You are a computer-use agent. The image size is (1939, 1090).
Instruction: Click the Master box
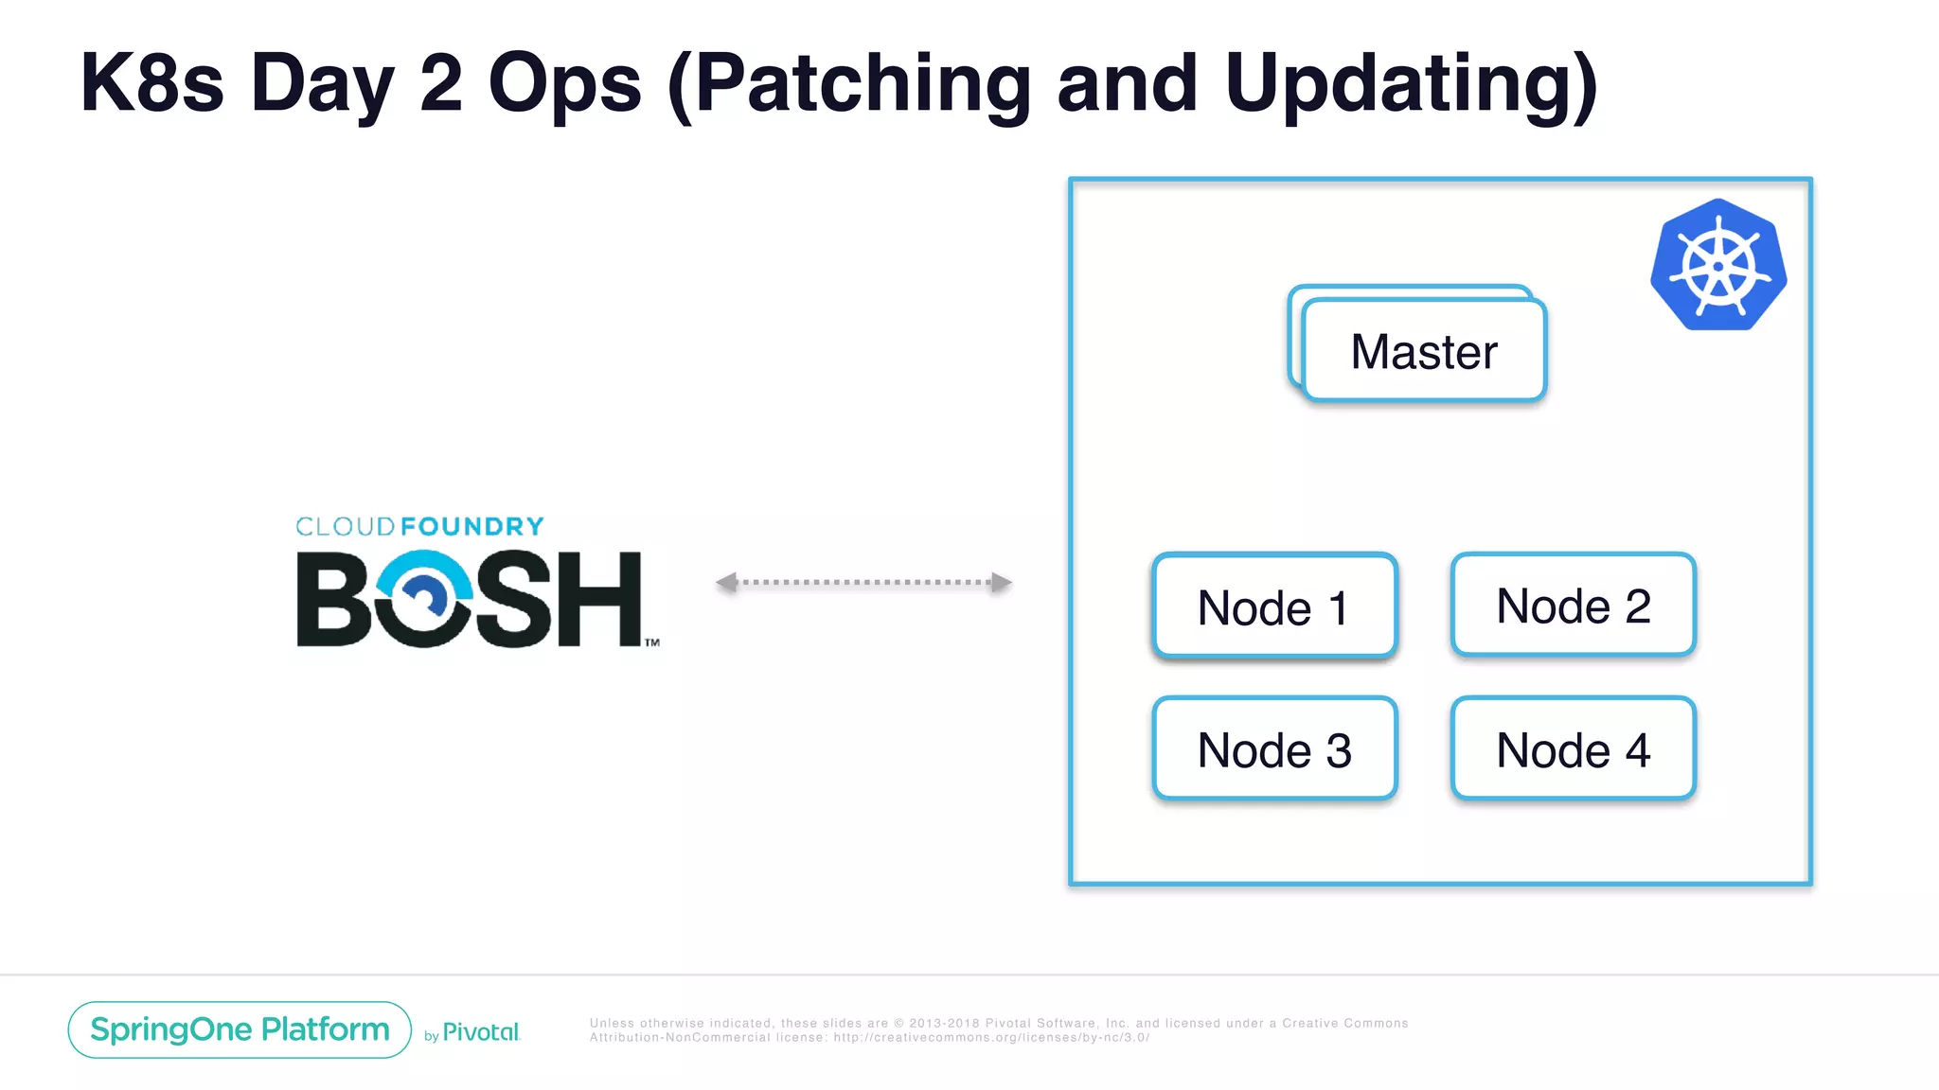tap(1424, 351)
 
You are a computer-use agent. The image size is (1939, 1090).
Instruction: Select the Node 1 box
tap(1274, 607)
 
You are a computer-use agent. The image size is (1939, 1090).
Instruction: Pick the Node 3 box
tap(1274, 749)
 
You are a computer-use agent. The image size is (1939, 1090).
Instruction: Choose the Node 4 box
tap(1573, 749)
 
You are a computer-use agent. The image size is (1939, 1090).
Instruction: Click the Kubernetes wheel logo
tap(1718, 266)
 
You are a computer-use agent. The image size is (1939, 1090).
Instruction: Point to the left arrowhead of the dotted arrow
tap(727, 582)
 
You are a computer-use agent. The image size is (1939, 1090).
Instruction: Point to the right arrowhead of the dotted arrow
tap(1002, 582)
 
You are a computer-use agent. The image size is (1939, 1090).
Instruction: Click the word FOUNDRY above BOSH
tap(471, 526)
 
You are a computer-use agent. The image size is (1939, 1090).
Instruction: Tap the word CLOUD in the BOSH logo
tap(346, 526)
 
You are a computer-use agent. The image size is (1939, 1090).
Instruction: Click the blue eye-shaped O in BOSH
tap(422, 598)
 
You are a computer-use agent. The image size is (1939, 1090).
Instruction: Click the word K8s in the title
tap(151, 83)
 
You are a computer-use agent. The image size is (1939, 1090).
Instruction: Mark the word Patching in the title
tap(863, 83)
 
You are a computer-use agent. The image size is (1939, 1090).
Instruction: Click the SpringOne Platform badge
tap(240, 1029)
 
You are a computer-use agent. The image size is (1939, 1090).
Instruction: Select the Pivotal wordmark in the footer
tap(481, 1032)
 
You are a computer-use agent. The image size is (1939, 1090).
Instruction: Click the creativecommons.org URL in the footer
tap(990, 1038)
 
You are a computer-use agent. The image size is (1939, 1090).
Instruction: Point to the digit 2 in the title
tap(440, 83)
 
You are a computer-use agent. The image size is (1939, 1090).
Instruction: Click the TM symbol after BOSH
tap(652, 642)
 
